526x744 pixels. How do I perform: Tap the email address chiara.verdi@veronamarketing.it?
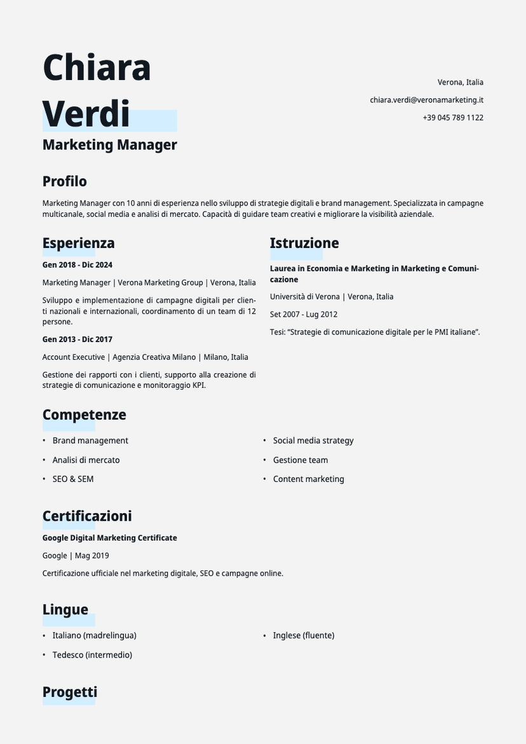click(426, 100)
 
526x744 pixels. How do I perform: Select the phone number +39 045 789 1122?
click(453, 118)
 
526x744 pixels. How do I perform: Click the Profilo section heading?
click(65, 181)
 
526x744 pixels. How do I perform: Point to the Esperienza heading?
click(79, 243)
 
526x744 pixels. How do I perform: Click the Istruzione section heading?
click(304, 243)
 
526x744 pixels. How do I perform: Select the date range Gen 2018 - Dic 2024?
click(78, 265)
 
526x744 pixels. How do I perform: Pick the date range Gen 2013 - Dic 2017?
click(78, 339)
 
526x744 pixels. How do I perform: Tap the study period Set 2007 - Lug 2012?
click(304, 314)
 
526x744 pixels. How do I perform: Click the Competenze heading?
click(84, 415)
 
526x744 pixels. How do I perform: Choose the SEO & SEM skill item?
click(73, 479)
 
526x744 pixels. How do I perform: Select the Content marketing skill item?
click(308, 479)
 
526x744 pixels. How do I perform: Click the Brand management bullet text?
click(90, 441)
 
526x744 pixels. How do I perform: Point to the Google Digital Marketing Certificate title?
click(110, 538)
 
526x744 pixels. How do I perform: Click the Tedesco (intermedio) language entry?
click(92, 655)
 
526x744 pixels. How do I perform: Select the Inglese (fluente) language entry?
click(304, 635)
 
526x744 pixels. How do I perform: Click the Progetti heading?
click(70, 692)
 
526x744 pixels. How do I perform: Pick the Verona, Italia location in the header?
click(461, 82)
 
